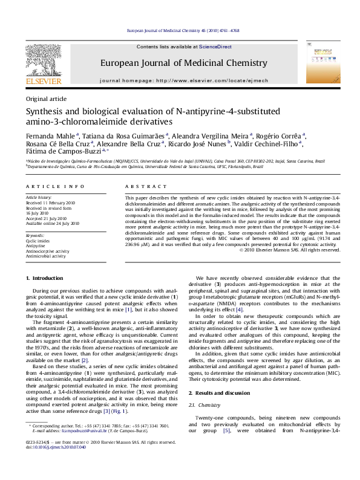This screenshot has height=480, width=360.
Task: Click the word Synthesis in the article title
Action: point(44,112)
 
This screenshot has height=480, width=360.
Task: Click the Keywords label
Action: point(34,234)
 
